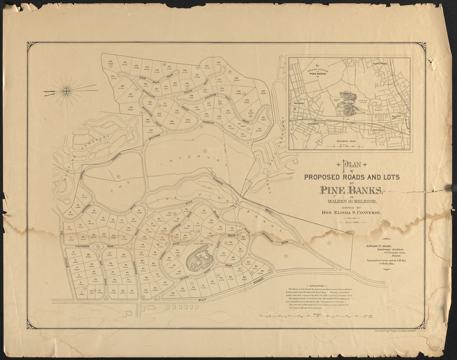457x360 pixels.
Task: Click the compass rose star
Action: tap(68, 90)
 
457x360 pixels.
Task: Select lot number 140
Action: tap(110, 62)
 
